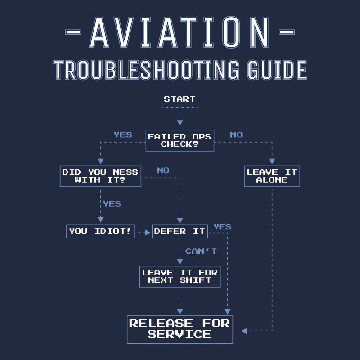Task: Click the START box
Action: [x=180, y=100]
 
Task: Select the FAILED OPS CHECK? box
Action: [x=180, y=140]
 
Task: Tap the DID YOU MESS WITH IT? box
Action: [x=100, y=176]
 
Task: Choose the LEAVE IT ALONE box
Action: [x=272, y=176]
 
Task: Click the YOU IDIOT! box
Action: [x=100, y=231]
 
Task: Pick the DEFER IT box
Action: [x=180, y=231]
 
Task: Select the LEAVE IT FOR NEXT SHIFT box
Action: [x=180, y=276]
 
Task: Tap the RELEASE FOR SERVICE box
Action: [x=180, y=329]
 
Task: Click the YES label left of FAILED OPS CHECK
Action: [x=123, y=135]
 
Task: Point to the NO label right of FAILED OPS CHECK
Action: [x=236, y=135]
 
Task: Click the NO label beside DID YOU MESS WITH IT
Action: [x=163, y=171]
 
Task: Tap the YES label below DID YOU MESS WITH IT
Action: [x=112, y=204]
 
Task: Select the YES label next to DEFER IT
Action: [x=222, y=227]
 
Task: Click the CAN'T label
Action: [x=201, y=252]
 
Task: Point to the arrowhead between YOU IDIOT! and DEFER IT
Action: [x=148, y=233]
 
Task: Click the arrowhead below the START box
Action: [x=180, y=122]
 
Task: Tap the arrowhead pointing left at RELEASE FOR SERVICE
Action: [x=244, y=331]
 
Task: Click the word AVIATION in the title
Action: [x=180, y=32]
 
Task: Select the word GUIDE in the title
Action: [x=277, y=70]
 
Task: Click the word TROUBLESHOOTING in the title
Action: [x=146, y=70]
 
